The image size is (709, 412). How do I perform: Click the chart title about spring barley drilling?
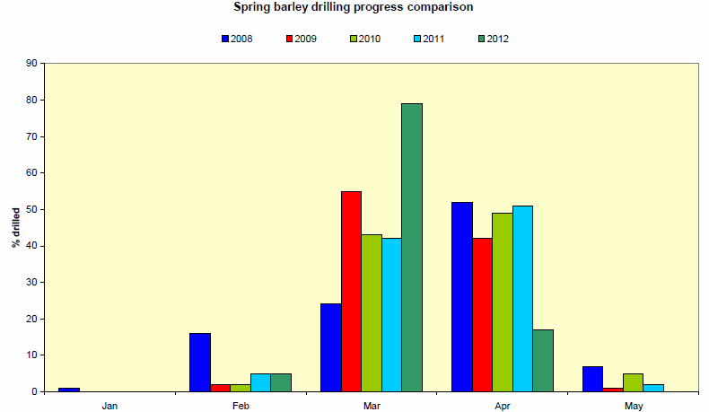pyautogui.click(x=353, y=7)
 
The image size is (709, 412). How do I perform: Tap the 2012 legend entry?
pyautogui.click(x=494, y=39)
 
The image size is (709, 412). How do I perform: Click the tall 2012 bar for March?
pyautogui.click(x=412, y=247)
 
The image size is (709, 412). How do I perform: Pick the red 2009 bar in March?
pyautogui.click(x=351, y=291)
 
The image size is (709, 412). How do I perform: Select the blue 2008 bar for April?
pyautogui.click(x=462, y=296)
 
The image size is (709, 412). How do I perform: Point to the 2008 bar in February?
pyautogui.click(x=200, y=362)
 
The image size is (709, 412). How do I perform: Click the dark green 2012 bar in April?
pyautogui.click(x=543, y=360)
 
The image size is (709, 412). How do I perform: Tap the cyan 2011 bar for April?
pyautogui.click(x=522, y=298)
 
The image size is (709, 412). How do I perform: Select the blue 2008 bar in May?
pyautogui.click(x=592, y=379)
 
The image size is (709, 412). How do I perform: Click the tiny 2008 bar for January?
pyautogui.click(x=69, y=390)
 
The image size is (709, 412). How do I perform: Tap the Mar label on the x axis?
pyautogui.click(x=372, y=406)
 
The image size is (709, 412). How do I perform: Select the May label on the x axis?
pyautogui.click(x=634, y=406)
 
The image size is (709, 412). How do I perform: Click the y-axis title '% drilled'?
pyautogui.click(x=15, y=227)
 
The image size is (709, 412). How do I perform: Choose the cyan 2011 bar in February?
pyautogui.click(x=260, y=382)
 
